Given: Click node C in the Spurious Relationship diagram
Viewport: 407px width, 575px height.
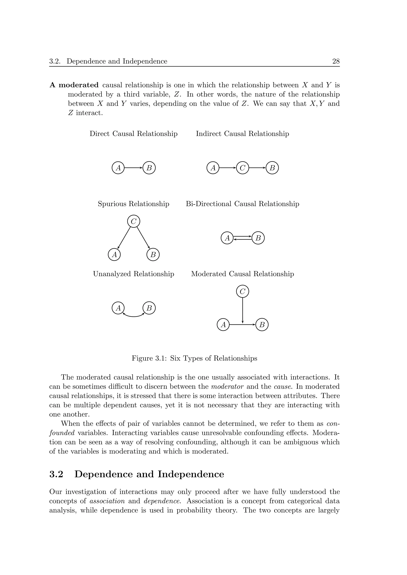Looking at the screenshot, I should click(134, 221).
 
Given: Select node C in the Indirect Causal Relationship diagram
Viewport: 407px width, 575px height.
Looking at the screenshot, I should click(242, 168).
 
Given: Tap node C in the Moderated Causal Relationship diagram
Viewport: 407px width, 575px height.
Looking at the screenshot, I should click(242, 291).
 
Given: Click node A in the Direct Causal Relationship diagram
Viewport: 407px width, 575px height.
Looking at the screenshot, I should click(118, 168).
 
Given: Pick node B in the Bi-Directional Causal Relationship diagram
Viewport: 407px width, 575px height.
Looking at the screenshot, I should click(258, 238).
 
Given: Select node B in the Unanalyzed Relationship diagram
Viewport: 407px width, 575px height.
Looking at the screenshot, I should click(149, 308).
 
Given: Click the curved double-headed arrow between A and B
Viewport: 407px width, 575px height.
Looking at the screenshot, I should click(134, 316).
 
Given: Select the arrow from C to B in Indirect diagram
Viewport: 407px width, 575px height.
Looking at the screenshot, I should click(257, 168).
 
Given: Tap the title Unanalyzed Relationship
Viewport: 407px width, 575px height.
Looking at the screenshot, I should click(133, 274).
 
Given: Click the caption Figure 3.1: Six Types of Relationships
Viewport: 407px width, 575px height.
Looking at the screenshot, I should click(194, 358).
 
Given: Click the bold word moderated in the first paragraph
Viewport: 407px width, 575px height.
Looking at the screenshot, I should click(78, 85).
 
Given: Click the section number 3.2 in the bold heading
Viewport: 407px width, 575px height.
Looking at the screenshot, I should click(56, 474).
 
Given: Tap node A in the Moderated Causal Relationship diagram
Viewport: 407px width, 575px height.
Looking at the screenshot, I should click(223, 325).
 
